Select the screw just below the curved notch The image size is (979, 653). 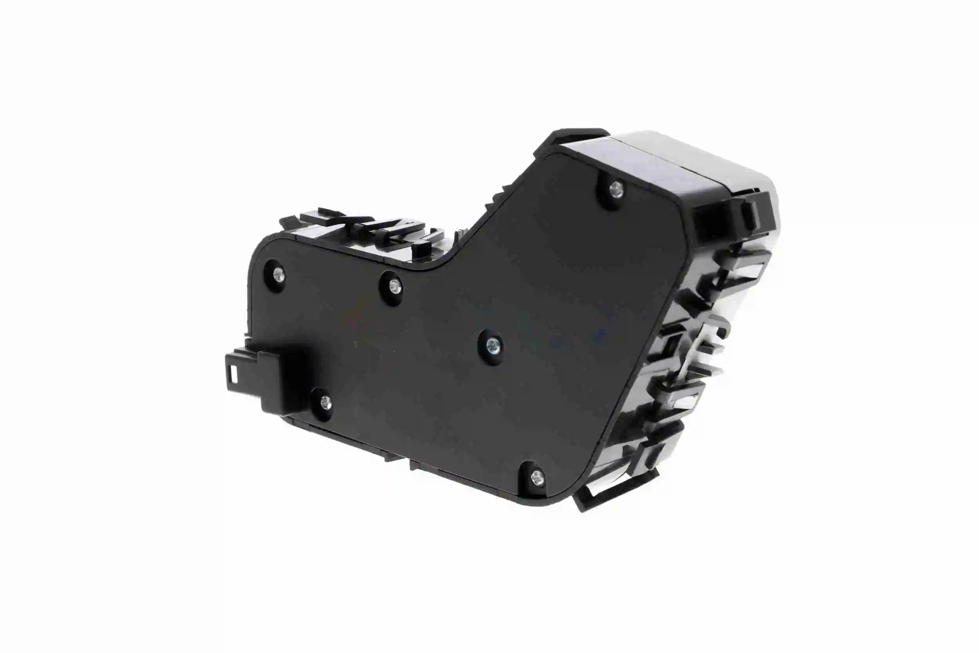[x=394, y=286]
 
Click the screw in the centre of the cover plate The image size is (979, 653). [x=493, y=345]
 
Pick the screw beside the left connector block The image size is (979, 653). [x=325, y=402]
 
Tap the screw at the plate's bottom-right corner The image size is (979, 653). [x=537, y=475]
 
